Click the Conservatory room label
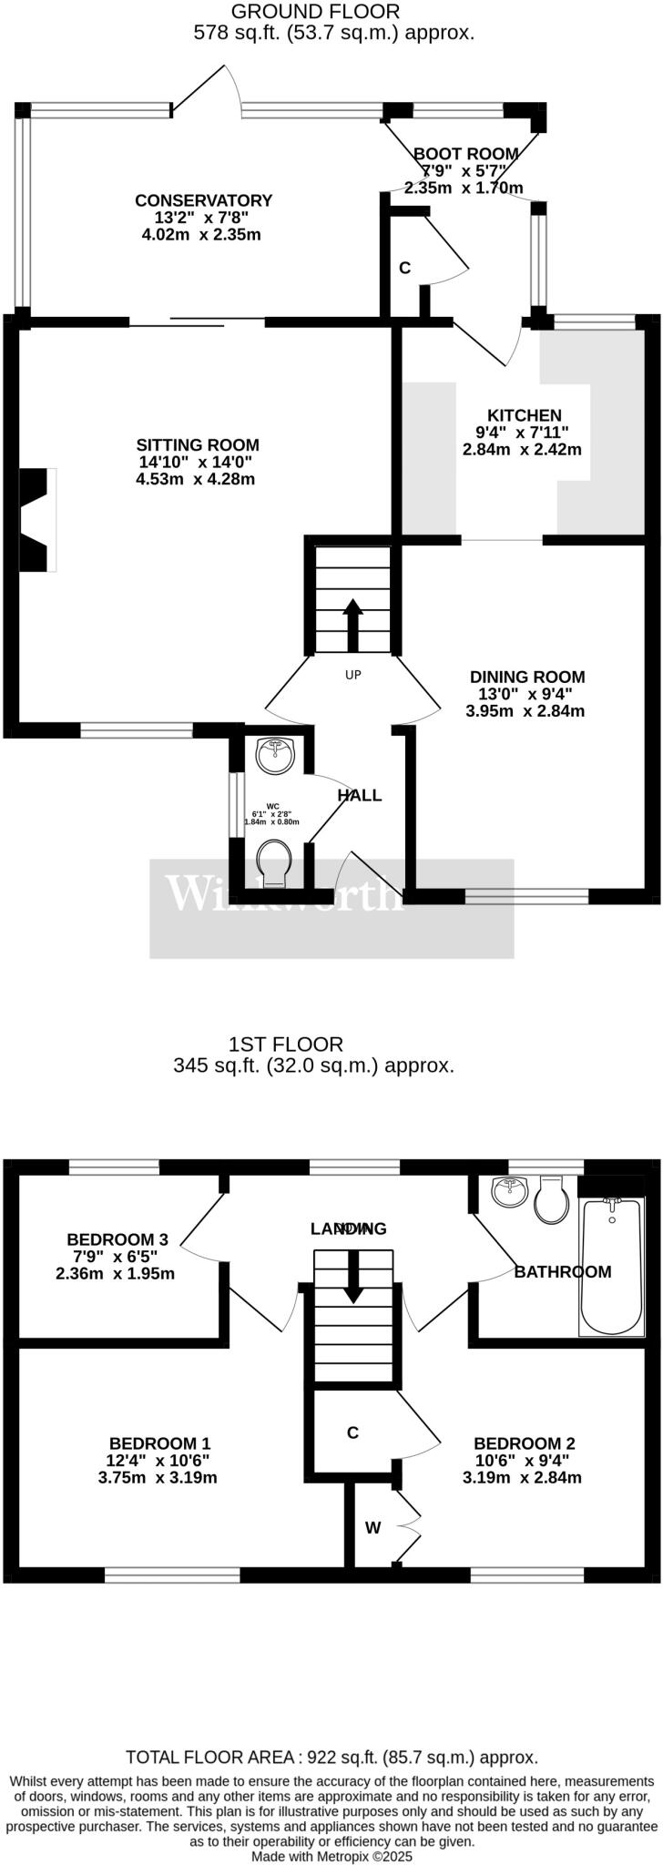[204, 201]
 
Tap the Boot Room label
[466, 154]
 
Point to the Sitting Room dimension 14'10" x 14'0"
[198, 462]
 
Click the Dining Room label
[527, 677]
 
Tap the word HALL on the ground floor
[360, 795]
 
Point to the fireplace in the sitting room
[37, 519]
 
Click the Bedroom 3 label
[117, 1239]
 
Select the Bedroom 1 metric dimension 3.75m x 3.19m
[158, 1477]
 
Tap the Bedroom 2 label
[525, 1443]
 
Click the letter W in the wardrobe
[373, 1528]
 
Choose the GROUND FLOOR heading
[316, 12]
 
